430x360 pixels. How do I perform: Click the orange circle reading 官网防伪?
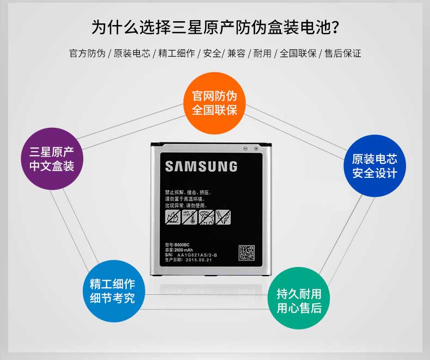(214, 103)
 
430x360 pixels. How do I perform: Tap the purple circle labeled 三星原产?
(52, 158)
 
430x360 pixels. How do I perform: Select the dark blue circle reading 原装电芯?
(374, 166)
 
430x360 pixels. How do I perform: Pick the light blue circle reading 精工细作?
(112, 291)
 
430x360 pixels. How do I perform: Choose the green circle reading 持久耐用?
(299, 301)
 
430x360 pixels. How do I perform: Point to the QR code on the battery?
(247, 253)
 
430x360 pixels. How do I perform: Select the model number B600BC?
(180, 246)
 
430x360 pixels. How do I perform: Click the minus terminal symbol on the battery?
(246, 148)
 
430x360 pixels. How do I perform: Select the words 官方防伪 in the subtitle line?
(87, 53)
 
